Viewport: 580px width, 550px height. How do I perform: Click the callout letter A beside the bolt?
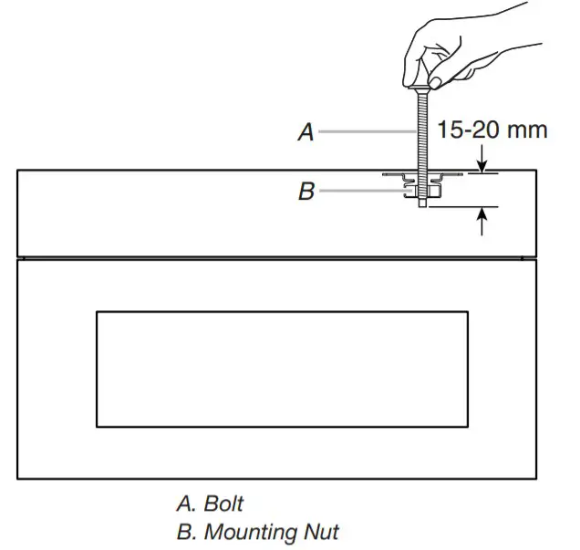[x=306, y=132]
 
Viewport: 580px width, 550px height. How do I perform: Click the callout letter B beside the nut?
[x=306, y=192]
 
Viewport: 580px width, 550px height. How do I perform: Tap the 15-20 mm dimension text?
[x=492, y=130]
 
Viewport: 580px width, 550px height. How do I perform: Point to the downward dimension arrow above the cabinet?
[x=482, y=164]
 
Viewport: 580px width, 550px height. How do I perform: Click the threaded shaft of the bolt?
[x=422, y=137]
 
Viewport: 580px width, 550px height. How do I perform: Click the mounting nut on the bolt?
[x=422, y=191]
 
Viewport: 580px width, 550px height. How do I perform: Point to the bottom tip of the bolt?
[x=422, y=205]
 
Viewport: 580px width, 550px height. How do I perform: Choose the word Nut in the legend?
[x=321, y=530]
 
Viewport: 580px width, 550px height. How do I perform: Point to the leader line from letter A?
[x=365, y=132]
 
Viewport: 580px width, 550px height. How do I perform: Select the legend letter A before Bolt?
[x=182, y=503]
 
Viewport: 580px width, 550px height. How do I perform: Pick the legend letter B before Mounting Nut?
[x=182, y=530]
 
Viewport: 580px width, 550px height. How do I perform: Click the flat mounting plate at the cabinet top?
[x=401, y=172]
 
